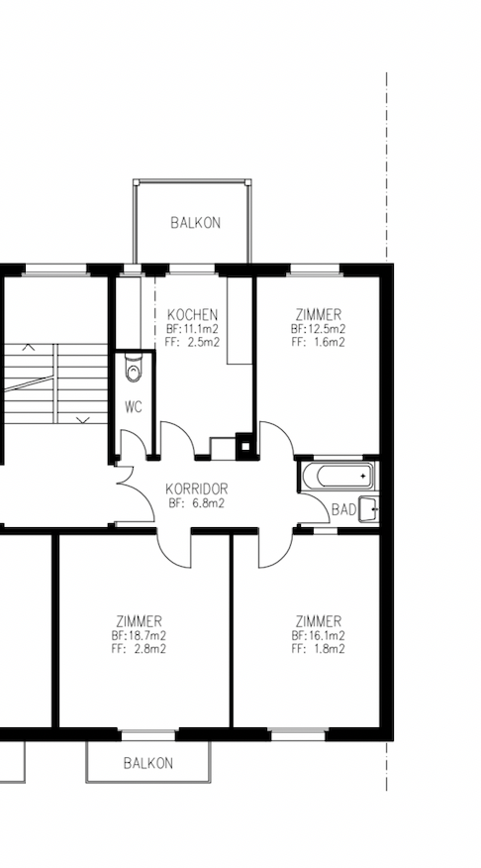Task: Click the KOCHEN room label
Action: tap(192, 315)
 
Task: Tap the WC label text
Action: tap(134, 407)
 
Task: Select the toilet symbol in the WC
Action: tap(134, 368)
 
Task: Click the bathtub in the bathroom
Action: tap(337, 476)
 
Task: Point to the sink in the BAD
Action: tap(369, 509)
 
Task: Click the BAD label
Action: tap(343, 510)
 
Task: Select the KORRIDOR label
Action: tap(197, 489)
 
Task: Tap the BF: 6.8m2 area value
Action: tap(197, 503)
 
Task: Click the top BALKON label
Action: tap(195, 223)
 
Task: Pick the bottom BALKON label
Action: tap(148, 763)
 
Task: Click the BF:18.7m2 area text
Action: tap(139, 635)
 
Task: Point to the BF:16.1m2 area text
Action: tap(319, 635)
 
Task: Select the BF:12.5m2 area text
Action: tap(319, 329)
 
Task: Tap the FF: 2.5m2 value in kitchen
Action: tap(192, 342)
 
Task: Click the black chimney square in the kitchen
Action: tap(244, 445)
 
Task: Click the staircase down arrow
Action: tap(83, 421)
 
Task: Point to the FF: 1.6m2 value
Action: tap(319, 342)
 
